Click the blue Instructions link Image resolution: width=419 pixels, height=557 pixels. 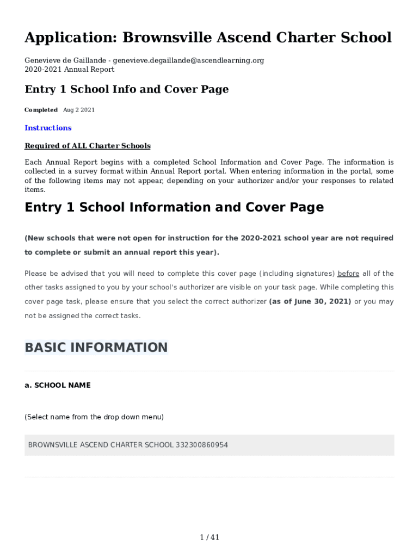tap(48, 128)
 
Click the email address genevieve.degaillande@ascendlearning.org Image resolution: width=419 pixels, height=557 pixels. tap(188, 60)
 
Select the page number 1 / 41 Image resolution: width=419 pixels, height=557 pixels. tap(209, 537)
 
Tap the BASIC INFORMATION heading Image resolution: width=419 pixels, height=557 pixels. tap(96, 348)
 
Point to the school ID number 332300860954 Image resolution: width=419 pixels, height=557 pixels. tap(201, 445)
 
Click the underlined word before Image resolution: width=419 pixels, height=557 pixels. tap(348, 274)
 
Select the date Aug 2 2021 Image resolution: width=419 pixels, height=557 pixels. tap(79, 110)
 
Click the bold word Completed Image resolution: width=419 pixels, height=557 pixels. tap(41, 110)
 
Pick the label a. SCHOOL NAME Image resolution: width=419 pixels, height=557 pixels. tap(58, 385)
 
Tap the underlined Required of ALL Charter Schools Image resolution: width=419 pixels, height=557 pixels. tap(88, 146)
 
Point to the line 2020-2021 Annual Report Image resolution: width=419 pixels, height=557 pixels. tap(69, 70)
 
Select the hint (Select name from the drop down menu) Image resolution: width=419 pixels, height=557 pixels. tap(94, 417)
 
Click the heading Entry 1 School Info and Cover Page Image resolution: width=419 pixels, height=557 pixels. tap(126, 89)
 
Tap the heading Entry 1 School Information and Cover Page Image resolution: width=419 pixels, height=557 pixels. tap(174, 207)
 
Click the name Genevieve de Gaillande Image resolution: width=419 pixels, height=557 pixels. tap(65, 60)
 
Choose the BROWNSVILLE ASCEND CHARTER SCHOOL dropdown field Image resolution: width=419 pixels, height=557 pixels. tap(209, 445)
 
